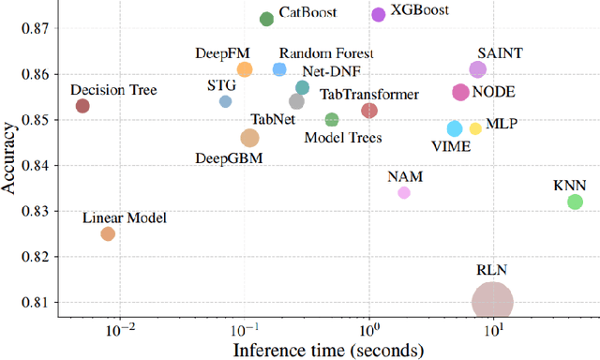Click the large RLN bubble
492,302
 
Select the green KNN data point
576,202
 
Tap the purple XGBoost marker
378,14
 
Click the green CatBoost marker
266,19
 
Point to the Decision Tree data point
82,106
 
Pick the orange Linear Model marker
108,233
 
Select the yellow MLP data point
475,128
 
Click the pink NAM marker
404,192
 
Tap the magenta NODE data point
460,92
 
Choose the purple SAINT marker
477,69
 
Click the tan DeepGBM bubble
249,138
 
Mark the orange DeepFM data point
244,69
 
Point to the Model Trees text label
343,138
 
